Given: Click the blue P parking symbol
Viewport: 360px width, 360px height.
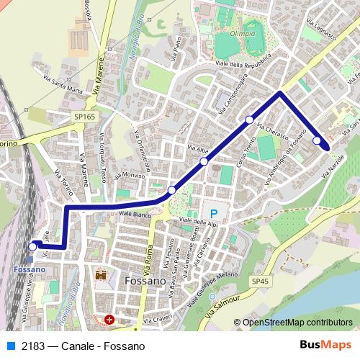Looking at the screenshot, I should click(213, 213).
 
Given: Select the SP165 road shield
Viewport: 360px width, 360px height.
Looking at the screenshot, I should click(84, 115).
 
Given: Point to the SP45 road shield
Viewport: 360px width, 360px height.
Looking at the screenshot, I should click(260, 281).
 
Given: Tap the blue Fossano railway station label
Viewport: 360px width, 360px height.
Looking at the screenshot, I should click(29, 269).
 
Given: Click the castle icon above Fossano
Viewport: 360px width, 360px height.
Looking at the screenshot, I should click(100, 275).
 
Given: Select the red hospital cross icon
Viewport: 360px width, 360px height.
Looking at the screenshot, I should click(109, 319).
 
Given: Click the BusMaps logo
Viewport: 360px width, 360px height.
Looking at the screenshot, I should click(326, 346).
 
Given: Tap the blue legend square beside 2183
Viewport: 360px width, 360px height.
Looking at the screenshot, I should click(10, 346).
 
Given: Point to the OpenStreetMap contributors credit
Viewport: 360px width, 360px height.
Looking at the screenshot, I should click(297, 323).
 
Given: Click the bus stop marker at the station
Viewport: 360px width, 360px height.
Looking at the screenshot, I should click(32, 246).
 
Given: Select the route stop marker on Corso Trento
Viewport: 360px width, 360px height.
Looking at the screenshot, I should click(249, 120).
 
